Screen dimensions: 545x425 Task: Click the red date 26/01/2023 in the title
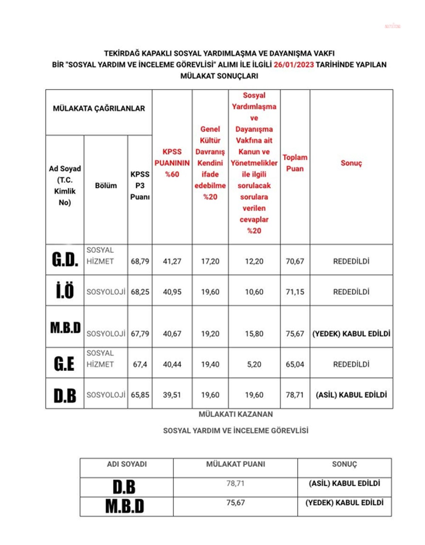coord(294,64)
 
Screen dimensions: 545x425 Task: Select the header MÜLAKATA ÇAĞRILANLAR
coord(99,108)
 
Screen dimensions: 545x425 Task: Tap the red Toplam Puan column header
coord(295,163)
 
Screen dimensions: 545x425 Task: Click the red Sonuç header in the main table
coord(351,163)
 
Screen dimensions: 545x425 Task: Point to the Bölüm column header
coord(106,186)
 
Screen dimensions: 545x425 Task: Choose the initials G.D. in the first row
coord(65,260)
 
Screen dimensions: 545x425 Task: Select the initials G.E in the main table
coord(64,364)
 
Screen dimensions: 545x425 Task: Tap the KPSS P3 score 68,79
coord(140,261)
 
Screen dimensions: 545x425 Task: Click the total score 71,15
coord(295,292)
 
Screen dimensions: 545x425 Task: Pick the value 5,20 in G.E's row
coord(254,364)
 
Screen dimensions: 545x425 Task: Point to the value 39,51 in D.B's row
coord(172,394)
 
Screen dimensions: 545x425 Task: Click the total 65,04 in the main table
coord(295,364)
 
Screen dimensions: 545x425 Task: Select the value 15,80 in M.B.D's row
coord(254,334)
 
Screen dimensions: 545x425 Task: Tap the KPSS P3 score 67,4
coord(140,364)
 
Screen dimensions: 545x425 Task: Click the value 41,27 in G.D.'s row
coord(172,261)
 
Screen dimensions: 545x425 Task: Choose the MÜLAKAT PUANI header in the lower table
coord(236,464)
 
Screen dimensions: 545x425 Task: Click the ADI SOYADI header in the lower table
coord(127,464)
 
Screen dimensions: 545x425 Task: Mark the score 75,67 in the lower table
coord(236,503)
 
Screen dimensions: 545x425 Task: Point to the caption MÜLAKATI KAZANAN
coord(236,414)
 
